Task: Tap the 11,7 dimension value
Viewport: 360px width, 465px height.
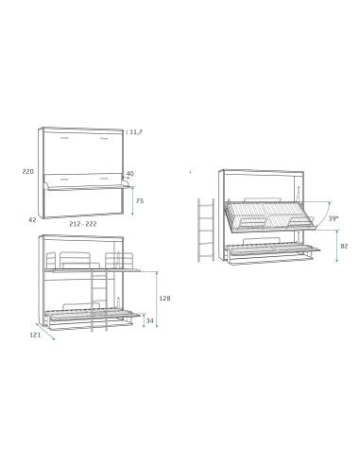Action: tap(137, 133)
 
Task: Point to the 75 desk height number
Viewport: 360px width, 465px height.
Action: tap(139, 201)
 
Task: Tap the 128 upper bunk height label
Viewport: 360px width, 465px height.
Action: tap(164, 298)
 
